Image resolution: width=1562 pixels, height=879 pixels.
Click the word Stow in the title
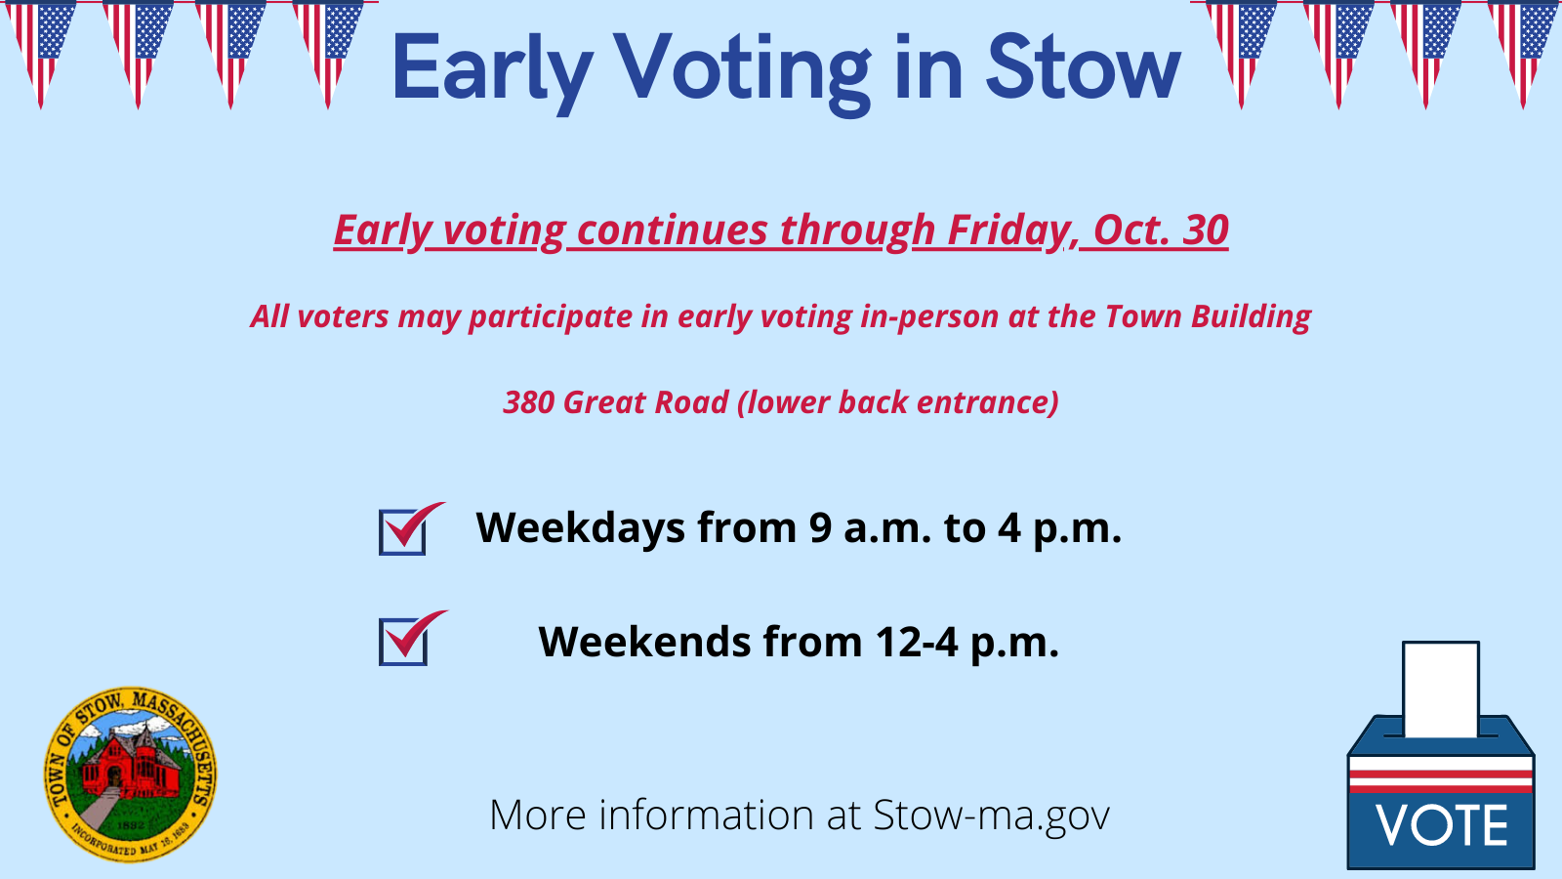point(1084,67)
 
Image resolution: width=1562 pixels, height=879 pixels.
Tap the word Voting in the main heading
point(743,73)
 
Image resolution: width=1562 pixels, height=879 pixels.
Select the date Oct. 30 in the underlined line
point(1161,230)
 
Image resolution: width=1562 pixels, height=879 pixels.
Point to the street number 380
point(528,402)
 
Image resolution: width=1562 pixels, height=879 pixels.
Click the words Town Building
point(1208,316)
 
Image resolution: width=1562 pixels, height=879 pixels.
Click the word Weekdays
point(580,527)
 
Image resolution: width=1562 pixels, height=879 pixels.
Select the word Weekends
point(645,641)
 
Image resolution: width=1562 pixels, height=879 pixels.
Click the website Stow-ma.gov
point(991,815)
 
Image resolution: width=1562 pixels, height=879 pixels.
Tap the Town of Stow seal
point(131,774)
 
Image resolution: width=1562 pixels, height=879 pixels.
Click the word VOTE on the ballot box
point(1441,826)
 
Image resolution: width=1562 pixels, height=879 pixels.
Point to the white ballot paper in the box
point(1441,690)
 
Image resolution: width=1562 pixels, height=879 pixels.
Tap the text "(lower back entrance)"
point(898,402)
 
